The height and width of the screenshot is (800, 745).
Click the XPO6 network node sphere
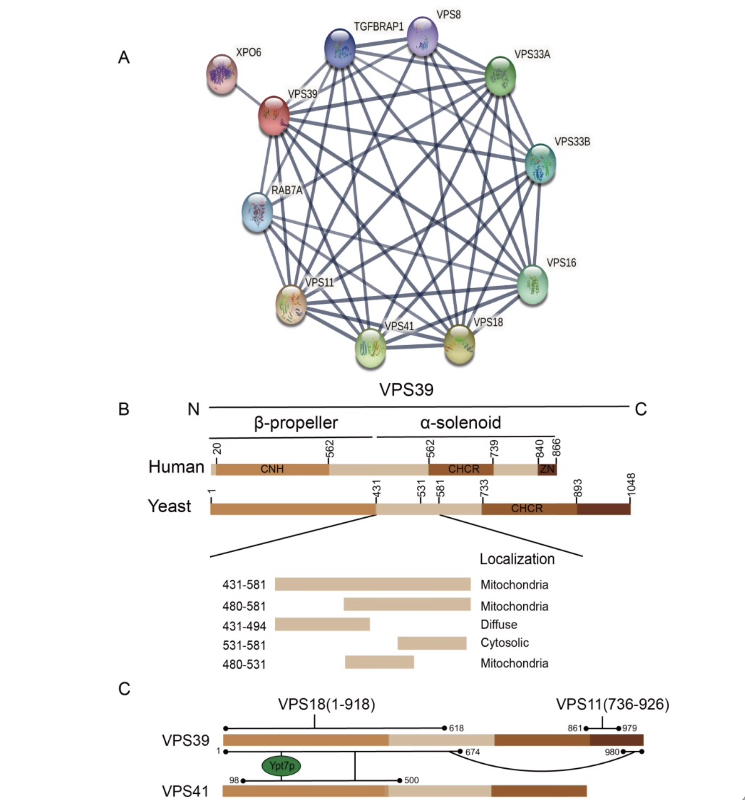click(x=222, y=74)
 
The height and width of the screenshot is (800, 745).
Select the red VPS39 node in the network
click(x=274, y=115)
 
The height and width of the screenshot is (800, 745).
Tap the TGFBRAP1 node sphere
click(x=340, y=48)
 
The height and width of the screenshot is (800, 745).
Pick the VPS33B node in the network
click(x=541, y=163)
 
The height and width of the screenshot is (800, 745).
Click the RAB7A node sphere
click(x=258, y=213)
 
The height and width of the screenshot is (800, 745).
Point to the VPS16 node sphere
click(x=533, y=285)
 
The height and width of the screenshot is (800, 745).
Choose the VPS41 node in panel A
click(x=370, y=348)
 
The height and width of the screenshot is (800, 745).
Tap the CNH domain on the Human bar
click(x=272, y=469)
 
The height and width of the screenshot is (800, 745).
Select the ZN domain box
click(x=547, y=469)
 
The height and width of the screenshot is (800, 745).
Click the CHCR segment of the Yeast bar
click(x=529, y=508)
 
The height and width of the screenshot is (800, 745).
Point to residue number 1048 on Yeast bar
click(x=632, y=484)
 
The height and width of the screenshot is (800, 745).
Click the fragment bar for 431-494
click(x=322, y=624)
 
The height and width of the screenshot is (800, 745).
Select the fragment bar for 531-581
click(x=432, y=643)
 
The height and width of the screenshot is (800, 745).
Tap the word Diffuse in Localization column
click(x=499, y=625)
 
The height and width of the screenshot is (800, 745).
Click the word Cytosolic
click(x=505, y=643)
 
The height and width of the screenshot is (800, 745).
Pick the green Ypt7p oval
click(x=281, y=766)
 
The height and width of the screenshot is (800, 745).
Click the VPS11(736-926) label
click(x=612, y=704)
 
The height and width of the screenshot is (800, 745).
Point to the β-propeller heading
click(x=296, y=423)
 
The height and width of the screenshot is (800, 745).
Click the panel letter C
click(x=124, y=689)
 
